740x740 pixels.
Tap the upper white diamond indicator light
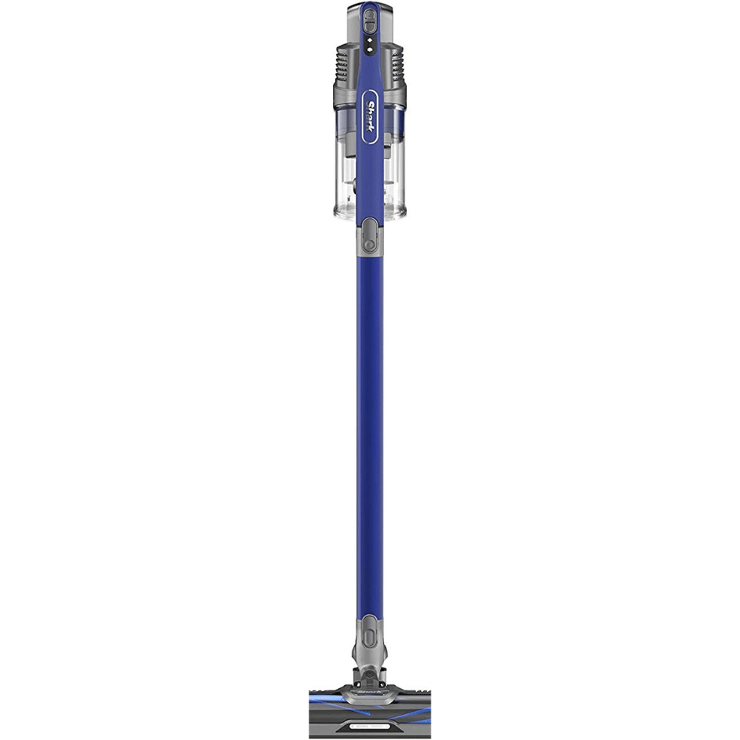coord(369,41)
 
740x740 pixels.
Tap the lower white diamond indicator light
coord(369,49)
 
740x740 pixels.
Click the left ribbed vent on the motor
coord(343,64)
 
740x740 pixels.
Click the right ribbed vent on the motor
coord(395,64)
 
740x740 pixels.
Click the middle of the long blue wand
coord(369,434)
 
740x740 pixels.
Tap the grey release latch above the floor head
coord(369,631)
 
